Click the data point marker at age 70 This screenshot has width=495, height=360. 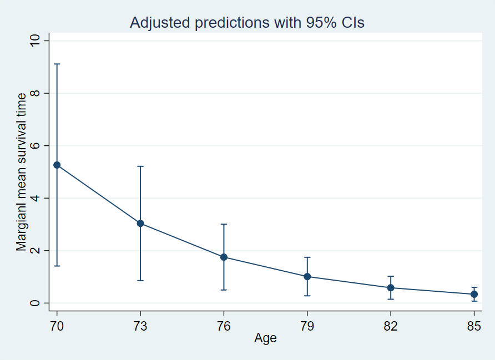[57, 165]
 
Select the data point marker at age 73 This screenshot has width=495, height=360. [140, 224]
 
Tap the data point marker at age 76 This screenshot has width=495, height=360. [224, 257]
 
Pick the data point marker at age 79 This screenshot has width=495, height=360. [307, 276]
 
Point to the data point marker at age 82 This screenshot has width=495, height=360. [391, 287]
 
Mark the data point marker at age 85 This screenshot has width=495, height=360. [474, 294]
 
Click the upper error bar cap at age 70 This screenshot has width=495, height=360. [57, 64]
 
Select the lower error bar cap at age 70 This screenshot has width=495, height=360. [57, 266]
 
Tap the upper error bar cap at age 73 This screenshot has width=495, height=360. [140, 166]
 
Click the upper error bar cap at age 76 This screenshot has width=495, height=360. [224, 224]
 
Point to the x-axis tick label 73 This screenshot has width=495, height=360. [140, 326]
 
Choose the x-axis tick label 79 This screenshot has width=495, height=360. [307, 326]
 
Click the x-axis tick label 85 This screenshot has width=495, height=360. [474, 326]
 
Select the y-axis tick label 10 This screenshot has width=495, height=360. [36, 41]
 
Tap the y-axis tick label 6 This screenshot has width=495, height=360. [36, 146]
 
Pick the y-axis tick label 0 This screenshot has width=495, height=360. [36, 303]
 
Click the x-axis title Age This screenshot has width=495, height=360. [265, 338]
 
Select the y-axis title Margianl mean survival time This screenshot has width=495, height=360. [21, 172]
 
